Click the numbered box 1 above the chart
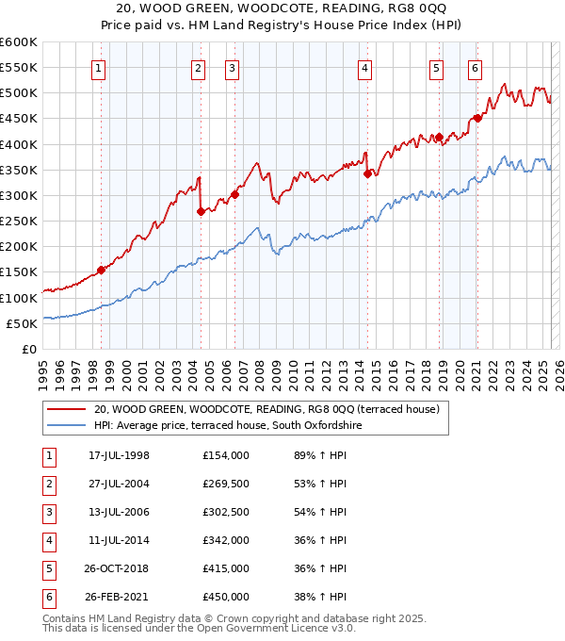point(99,68)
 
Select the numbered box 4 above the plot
point(364,68)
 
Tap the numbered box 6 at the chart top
point(475,68)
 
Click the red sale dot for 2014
point(367,173)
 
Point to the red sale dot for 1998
point(101,271)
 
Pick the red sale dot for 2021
point(477,118)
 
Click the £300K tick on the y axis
point(19,195)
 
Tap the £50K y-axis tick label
point(23,323)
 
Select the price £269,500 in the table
point(225,485)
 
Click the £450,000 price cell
point(225,597)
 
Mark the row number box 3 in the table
point(47,513)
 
